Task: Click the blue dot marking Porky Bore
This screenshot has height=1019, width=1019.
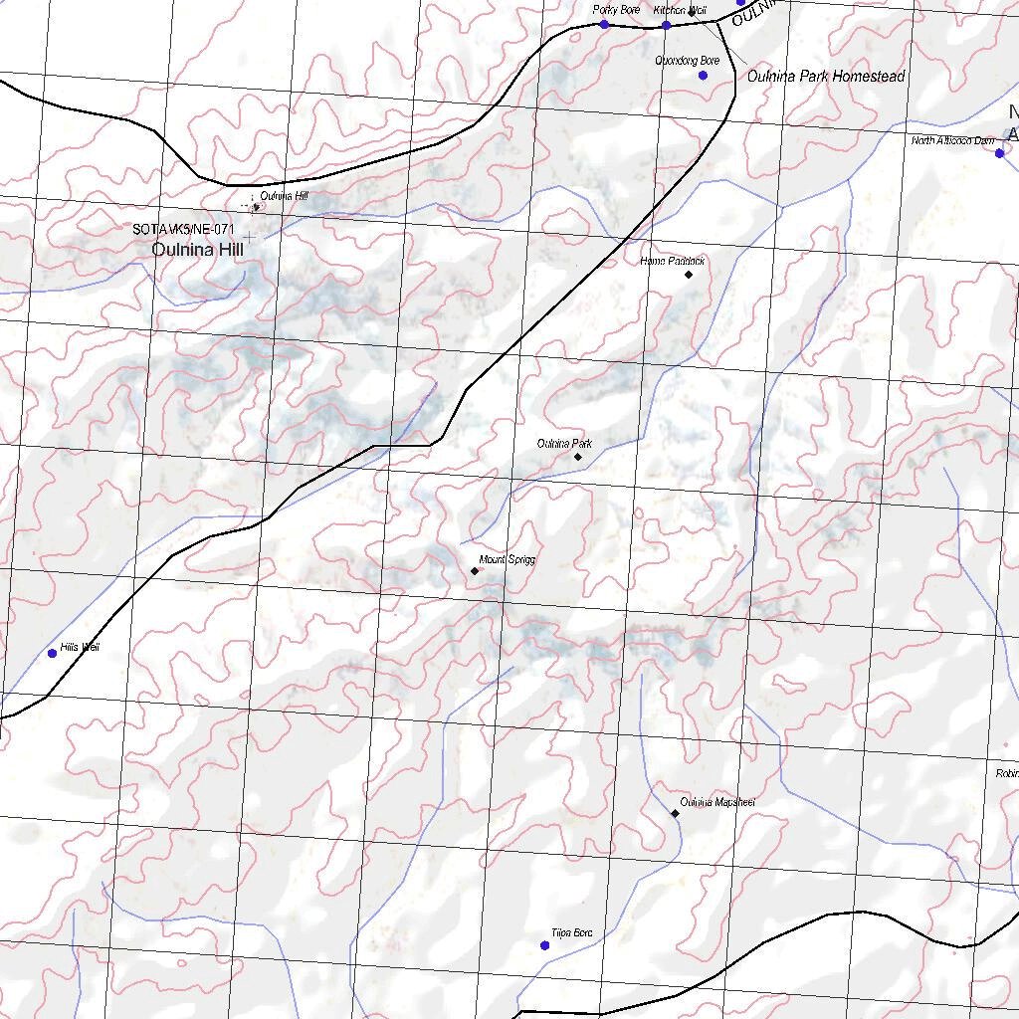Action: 604,24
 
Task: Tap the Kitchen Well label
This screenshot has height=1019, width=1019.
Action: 680,10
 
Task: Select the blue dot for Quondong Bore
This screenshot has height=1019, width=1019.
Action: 703,76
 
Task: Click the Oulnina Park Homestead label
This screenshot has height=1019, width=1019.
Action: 825,77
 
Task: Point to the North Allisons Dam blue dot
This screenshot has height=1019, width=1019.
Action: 1000,153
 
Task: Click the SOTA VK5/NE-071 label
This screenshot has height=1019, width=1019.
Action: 183,230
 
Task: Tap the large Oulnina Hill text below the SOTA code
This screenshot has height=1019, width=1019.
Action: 197,251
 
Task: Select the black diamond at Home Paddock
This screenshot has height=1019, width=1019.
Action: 689,274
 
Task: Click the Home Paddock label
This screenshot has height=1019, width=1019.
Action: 673,261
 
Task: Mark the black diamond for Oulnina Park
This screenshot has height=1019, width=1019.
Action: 578,457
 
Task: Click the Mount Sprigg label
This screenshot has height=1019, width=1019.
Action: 507,560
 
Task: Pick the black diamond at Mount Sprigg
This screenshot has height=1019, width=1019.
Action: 475,571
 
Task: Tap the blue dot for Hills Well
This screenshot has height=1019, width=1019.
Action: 53,654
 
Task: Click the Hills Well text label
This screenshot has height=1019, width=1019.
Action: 80,648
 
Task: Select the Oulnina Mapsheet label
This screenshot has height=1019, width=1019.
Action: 716,802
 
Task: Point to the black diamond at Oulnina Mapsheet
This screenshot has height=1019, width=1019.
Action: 675,813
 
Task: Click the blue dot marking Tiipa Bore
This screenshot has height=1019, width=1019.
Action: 544,945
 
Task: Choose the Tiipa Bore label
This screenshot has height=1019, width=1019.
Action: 571,933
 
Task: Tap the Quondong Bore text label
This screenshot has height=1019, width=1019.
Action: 687,62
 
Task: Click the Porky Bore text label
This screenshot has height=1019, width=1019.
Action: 616,10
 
